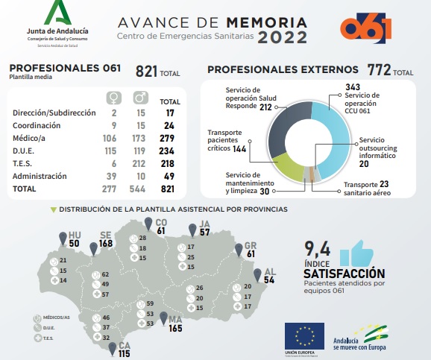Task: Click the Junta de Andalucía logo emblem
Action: (57, 13)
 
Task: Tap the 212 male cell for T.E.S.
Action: (139, 163)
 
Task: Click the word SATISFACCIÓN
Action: (344, 274)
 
